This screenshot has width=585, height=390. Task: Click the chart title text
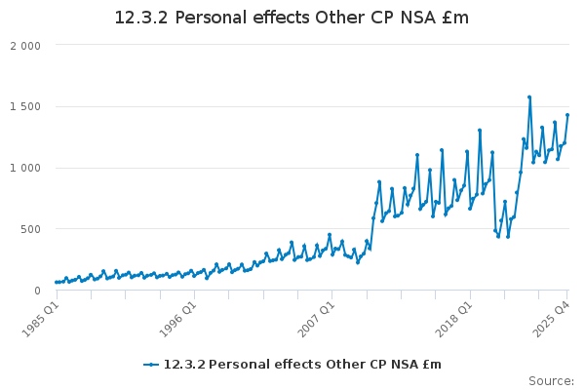pyautogui.click(x=292, y=18)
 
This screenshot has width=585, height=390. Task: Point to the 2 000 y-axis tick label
pyautogui.click(x=24, y=46)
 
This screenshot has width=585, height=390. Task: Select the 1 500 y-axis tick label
pyautogui.click(x=24, y=106)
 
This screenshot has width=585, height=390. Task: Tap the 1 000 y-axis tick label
pyautogui.click(x=24, y=168)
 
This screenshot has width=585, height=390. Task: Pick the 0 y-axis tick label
pyautogui.click(x=36, y=290)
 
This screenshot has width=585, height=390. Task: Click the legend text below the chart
pyautogui.click(x=302, y=365)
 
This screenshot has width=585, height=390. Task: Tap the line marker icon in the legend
pyautogui.click(x=151, y=365)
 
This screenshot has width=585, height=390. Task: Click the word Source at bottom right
pyautogui.click(x=551, y=380)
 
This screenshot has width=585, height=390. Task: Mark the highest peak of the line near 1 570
pyautogui.click(x=529, y=97)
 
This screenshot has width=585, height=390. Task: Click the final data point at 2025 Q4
pyautogui.click(x=567, y=115)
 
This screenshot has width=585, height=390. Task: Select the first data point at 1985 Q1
pyautogui.click(x=56, y=282)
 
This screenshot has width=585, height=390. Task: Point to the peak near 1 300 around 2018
pyautogui.click(x=480, y=130)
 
